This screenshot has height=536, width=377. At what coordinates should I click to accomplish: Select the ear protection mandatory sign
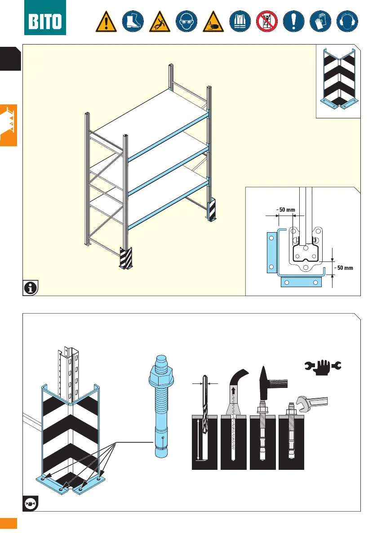pyautogui.click(x=348, y=21)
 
